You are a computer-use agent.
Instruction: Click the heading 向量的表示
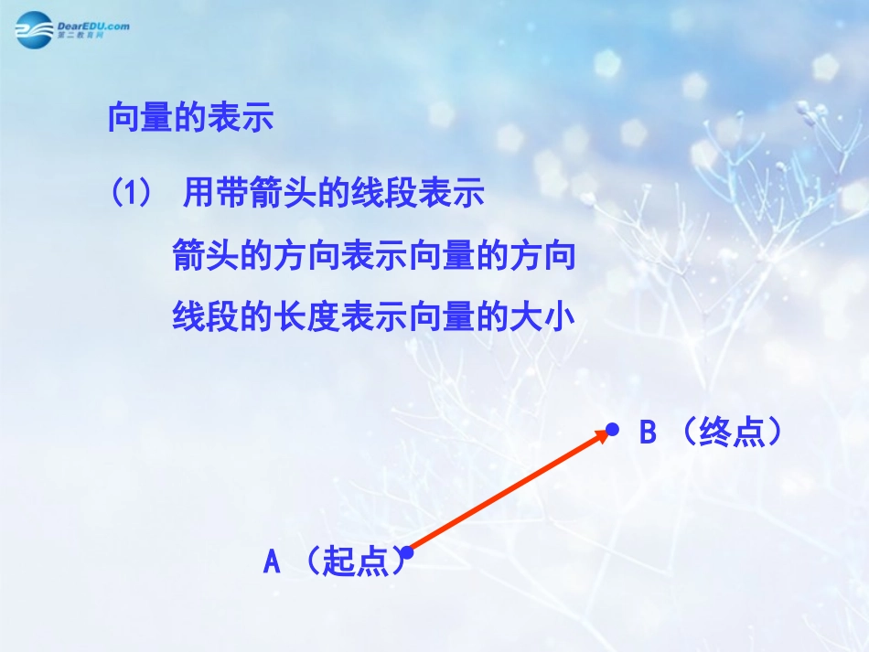pyautogui.click(x=190, y=119)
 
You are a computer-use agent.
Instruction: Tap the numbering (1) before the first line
pyautogui.click(x=129, y=194)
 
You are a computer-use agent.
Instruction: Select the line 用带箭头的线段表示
pyautogui.click(x=334, y=194)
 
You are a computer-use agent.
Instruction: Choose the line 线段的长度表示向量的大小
pyautogui.click(x=374, y=317)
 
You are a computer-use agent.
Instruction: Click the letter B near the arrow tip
pyautogui.click(x=648, y=433)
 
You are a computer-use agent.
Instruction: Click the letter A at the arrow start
pyautogui.click(x=272, y=561)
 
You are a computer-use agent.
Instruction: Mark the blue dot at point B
pyautogui.click(x=612, y=428)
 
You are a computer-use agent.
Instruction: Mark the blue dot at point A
pyautogui.click(x=408, y=552)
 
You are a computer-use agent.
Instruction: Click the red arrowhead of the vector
pyautogui.click(x=600, y=436)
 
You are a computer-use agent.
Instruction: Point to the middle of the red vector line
pyautogui.click(x=506, y=493)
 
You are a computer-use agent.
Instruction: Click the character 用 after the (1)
pyautogui.click(x=198, y=194)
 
